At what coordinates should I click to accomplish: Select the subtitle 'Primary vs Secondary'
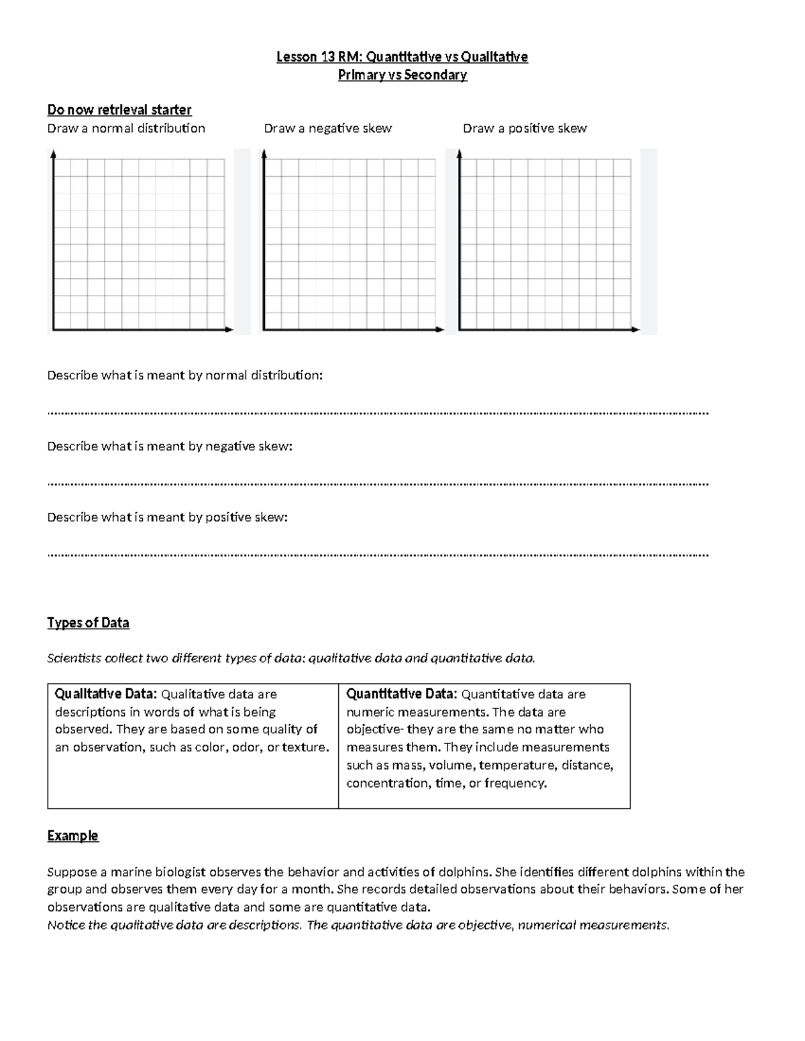tap(402, 74)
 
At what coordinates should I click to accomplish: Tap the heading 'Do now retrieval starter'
tap(119, 109)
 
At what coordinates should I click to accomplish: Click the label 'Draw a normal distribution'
tap(126, 128)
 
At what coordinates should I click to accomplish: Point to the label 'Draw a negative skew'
tap(328, 128)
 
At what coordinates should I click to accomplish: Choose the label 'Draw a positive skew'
tap(525, 128)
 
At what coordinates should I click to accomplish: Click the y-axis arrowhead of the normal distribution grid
tap(53, 154)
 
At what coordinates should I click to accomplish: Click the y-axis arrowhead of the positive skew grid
tap(460, 154)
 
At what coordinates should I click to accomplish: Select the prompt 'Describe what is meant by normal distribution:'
tap(184, 375)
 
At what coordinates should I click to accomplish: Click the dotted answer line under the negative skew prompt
tap(378, 483)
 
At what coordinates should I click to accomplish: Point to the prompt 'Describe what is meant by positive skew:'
tap(167, 517)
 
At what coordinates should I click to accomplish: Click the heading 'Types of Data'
tap(88, 623)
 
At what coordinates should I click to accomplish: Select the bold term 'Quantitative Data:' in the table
tap(401, 694)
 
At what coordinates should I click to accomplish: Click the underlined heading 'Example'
tap(72, 835)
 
